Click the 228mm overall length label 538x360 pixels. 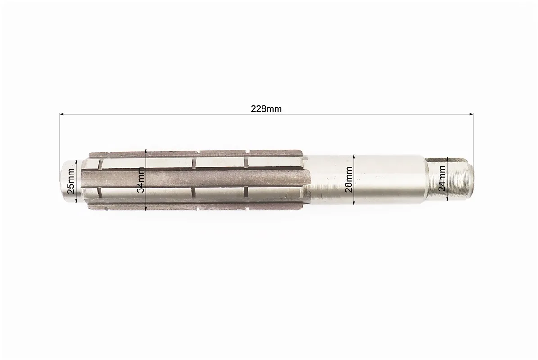[266, 109]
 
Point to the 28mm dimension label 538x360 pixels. [348, 180]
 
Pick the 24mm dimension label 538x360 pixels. [442, 178]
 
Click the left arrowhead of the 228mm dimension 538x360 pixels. [62, 114]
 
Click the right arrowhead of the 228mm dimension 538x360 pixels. [471, 114]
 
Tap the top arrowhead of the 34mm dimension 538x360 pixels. [146, 152]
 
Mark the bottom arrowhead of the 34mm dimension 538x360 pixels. [146, 208]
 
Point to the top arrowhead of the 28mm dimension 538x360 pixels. [354, 156]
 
